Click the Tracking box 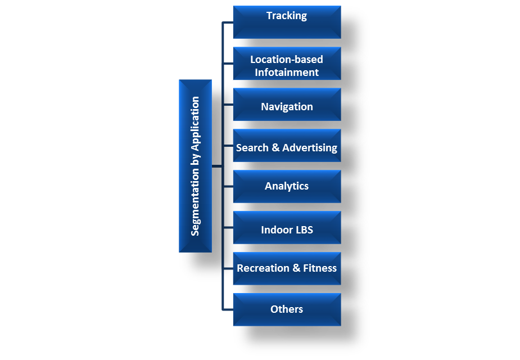pyautogui.click(x=287, y=22)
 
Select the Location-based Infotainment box pyautogui.click(x=287, y=64)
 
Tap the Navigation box pyautogui.click(x=287, y=105)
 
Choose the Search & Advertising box pyautogui.click(x=287, y=146)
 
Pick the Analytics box pyautogui.click(x=287, y=187)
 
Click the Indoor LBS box pyautogui.click(x=287, y=228)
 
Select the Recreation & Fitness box pyautogui.click(x=287, y=269)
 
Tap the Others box pyautogui.click(x=287, y=310)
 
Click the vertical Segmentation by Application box pyautogui.click(x=195, y=166)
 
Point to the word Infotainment pyautogui.click(x=287, y=73)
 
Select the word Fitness pyautogui.click(x=320, y=268)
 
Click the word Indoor pyautogui.click(x=276, y=229)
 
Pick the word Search pyautogui.click(x=252, y=148)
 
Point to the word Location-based pyautogui.click(x=287, y=59)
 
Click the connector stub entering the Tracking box pyautogui.click(x=228, y=22)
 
